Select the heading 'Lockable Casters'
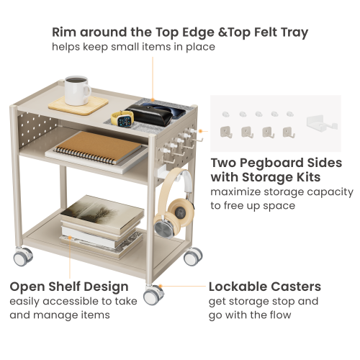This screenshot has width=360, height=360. (264, 287)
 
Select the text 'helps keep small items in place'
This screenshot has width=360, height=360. (133, 47)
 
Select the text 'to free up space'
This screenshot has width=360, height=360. (253, 206)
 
